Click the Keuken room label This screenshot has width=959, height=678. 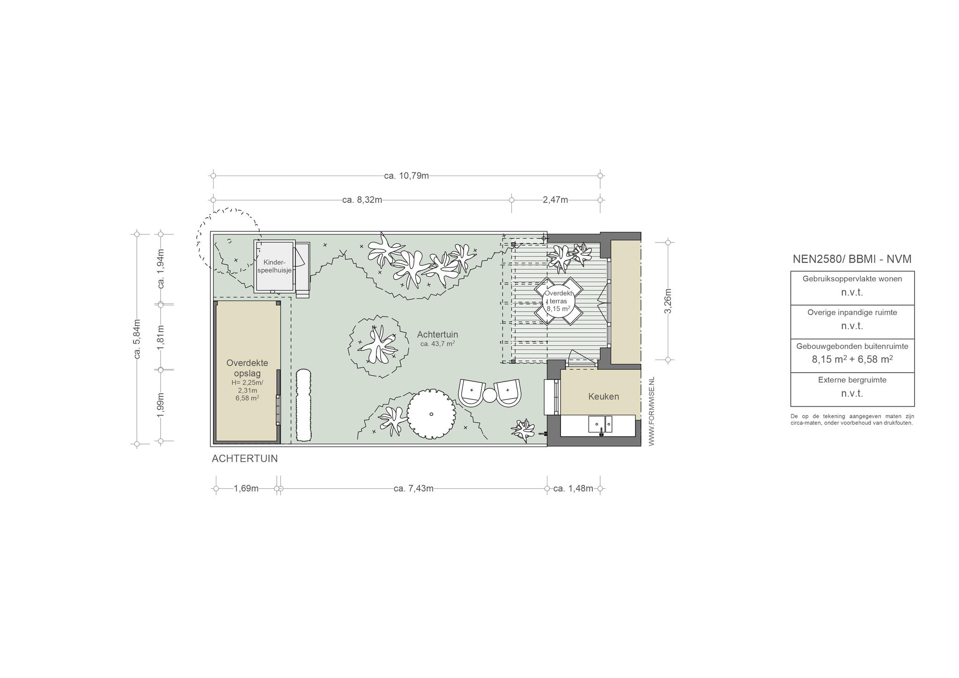point(604,397)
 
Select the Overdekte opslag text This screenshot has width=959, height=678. point(247,368)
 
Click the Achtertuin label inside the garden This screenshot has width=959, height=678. point(437,334)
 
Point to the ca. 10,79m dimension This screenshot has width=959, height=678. point(406,176)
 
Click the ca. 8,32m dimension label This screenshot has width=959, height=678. point(362,200)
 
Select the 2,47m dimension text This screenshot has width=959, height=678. point(555,200)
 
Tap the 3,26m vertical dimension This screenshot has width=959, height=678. point(668,301)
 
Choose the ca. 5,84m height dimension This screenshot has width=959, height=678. point(137,339)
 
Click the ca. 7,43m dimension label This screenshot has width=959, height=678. point(413,488)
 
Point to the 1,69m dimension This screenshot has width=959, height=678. point(246,488)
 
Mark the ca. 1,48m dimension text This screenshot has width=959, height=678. point(573,488)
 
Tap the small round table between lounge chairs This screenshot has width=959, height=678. point(489,395)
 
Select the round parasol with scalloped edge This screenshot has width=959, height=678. point(431,414)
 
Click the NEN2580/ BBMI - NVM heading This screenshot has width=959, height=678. point(852,259)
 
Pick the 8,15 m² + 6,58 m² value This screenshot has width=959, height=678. point(852,359)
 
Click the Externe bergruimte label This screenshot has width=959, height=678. point(852,380)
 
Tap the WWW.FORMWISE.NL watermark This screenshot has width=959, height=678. point(651,411)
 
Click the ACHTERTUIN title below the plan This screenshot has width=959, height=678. point(244,459)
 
